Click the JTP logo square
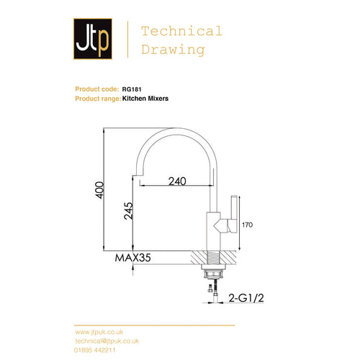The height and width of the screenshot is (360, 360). pyautogui.click(x=93, y=40)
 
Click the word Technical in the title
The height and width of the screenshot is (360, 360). pyautogui.click(x=181, y=31)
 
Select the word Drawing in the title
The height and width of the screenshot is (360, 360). pyautogui.click(x=173, y=50)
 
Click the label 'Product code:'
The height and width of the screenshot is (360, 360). pyautogui.click(x=97, y=89)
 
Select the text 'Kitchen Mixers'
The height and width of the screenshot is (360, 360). pyautogui.click(x=145, y=98)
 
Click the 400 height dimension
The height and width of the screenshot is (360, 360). pyautogui.click(x=100, y=189)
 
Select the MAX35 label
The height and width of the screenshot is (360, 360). pyautogui.click(x=135, y=256)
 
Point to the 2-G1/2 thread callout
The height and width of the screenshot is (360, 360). pyautogui.click(x=247, y=297)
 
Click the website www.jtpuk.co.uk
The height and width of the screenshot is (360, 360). pyautogui.click(x=101, y=332)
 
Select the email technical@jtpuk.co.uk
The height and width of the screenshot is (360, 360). pyautogui.click(x=107, y=341)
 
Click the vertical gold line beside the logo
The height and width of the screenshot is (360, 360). pyautogui.click(x=127, y=40)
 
